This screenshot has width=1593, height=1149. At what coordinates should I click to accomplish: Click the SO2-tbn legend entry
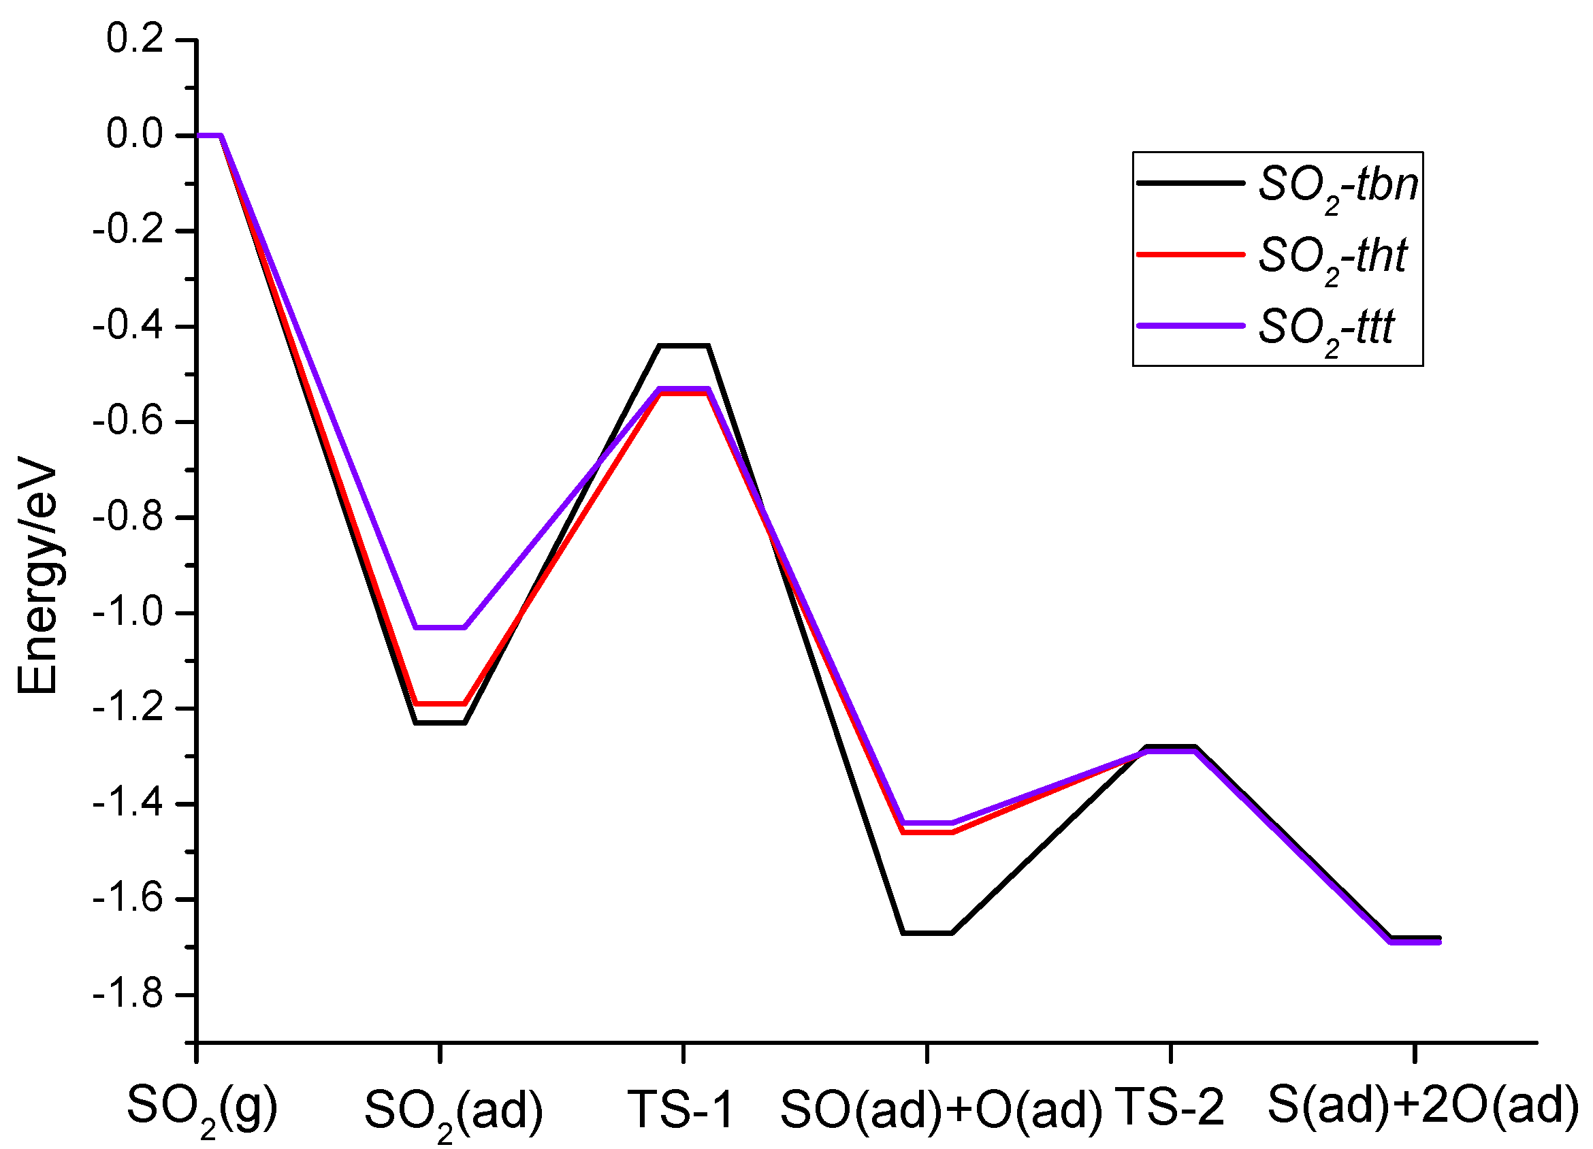point(1278,184)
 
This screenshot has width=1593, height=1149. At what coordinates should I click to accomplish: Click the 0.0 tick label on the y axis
point(135,134)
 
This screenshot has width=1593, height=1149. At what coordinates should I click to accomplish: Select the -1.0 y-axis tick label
point(129,613)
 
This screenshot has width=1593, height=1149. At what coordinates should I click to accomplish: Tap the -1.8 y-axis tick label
point(129,995)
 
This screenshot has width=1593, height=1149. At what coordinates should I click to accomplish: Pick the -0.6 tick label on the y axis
point(129,421)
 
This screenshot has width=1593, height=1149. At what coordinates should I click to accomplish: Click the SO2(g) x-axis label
point(203,1107)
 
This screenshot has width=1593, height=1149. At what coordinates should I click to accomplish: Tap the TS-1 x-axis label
point(681,1109)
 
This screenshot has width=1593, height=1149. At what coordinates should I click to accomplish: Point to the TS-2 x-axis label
point(1170,1107)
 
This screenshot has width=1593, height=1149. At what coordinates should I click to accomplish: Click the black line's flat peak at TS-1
point(683,346)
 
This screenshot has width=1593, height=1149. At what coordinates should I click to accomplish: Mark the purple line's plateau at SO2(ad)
point(440,627)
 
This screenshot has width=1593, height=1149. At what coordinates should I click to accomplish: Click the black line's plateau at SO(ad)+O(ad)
point(927,933)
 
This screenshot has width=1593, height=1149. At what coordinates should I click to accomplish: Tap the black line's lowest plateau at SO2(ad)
point(440,723)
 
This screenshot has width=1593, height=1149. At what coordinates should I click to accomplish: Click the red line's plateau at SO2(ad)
point(440,703)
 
